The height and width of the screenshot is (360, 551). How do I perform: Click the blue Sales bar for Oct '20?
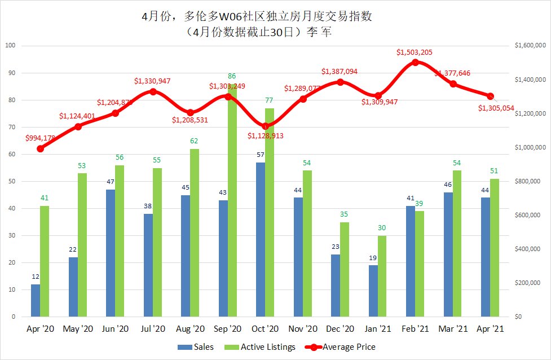pos(261,239)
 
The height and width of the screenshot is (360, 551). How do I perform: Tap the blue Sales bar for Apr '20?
pos(36,300)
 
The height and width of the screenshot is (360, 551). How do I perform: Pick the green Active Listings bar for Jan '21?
pos(382,276)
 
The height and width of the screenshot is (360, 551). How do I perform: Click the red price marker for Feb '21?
pos(416,62)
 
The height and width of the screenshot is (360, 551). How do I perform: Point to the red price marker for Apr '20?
pos(40,148)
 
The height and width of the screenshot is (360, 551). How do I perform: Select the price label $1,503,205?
pos(416,52)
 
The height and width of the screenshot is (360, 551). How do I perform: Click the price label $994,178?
pos(41,138)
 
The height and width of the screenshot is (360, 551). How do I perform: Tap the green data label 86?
pos(232,76)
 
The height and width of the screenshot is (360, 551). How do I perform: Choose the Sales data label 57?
pos(261,155)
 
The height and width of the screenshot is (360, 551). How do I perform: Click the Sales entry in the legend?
pos(197,347)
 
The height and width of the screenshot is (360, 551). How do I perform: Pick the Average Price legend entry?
pos(345,347)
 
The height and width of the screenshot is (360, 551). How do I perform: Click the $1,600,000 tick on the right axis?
pos(530,46)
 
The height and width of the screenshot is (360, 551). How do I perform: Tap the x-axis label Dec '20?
pos(341,329)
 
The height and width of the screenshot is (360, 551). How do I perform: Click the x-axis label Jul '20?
pos(153,329)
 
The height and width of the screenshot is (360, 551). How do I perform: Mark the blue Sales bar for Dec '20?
pos(336,286)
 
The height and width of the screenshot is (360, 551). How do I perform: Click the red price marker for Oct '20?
pos(265,126)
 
